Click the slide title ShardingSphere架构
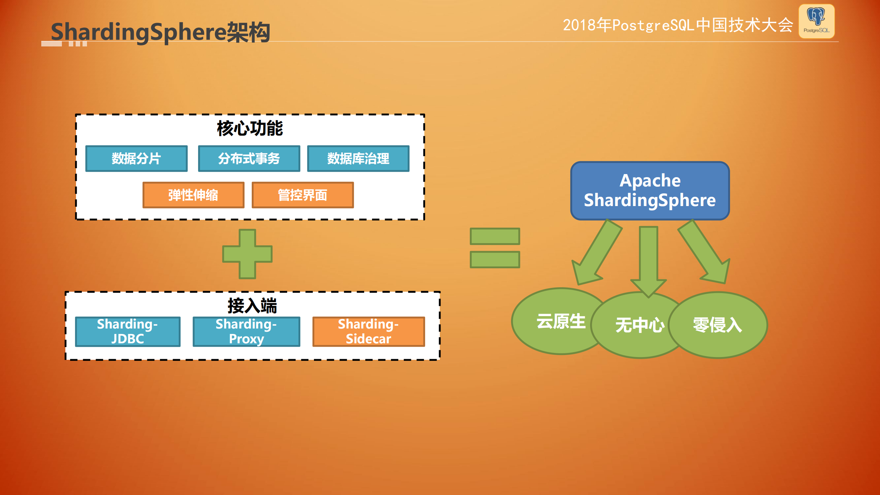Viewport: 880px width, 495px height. (160, 32)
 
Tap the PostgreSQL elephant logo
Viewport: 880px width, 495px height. (816, 21)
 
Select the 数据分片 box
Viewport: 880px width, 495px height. (137, 159)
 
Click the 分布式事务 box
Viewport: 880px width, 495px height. (249, 159)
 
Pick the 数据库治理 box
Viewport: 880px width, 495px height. (358, 159)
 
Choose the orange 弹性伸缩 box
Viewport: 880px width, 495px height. (193, 195)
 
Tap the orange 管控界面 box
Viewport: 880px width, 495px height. (303, 195)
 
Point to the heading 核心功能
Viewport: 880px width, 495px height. (250, 129)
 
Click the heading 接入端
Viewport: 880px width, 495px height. (252, 305)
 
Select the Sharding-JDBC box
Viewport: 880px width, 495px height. (128, 332)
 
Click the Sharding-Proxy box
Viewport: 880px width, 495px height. (246, 332)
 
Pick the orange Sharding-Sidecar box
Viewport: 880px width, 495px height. (368, 332)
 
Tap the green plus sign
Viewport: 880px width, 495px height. (247, 254)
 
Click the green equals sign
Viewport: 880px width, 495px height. (495, 248)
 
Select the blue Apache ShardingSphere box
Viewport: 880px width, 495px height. (650, 191)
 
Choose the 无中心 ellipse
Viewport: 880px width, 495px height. (640, 325)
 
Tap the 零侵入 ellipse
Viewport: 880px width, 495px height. (718, 325)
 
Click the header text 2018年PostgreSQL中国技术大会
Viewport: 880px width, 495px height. (677, 25)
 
